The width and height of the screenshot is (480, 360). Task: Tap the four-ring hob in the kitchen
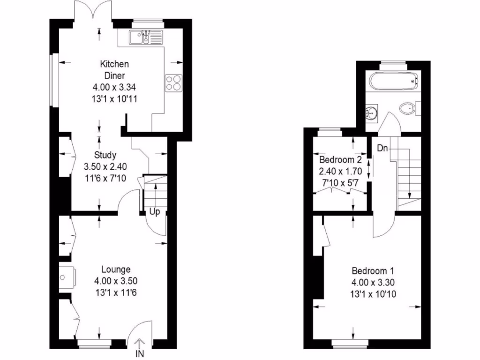point(172,82)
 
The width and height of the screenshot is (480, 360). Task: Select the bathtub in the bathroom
point(393,82)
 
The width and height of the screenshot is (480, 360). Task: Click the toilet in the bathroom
point(408,109)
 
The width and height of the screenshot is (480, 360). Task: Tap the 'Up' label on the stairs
point(155,212)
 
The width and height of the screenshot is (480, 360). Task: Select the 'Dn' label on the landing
point(382,149)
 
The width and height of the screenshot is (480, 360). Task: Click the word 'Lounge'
point(116,270)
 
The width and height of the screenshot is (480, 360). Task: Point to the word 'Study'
point(105,155)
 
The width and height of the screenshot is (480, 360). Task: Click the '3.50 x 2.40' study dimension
point(105,166)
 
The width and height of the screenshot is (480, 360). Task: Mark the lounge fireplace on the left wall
point(66,277)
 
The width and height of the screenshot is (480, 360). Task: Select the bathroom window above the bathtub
point(393,63)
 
